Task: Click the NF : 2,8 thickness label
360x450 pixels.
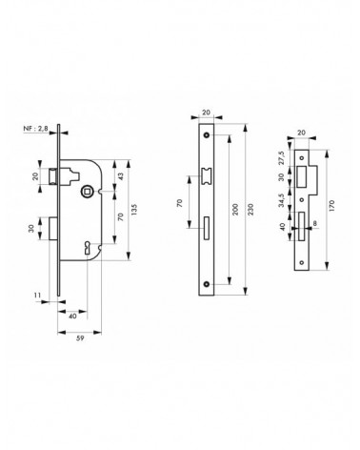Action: [x=35, y=129]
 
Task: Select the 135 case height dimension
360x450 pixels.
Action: [x=134, y=210]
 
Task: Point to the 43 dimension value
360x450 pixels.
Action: [x=121, y=176]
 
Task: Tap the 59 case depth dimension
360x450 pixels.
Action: [x=80, y=338]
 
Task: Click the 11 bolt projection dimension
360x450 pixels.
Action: [x=37, y=296]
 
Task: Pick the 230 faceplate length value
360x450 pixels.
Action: [x=250, y=210]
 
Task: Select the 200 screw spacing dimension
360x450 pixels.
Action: [x=235, y=210]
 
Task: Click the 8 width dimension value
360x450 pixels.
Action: [x=314, y=223]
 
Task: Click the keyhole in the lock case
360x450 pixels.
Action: [x=87, y=248]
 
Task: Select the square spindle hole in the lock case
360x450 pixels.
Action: [x=86, y=191]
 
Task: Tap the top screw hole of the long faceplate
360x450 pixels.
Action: [x=207, y=135]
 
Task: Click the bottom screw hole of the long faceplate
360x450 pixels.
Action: [x=207, y=284]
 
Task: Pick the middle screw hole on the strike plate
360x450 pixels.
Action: [x=302, y=200]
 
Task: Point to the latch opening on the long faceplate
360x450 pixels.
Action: [x=207, y=175]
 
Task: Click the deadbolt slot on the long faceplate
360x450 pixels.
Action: [x=207, y=228]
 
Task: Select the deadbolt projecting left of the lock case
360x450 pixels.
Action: [x=53, y=228]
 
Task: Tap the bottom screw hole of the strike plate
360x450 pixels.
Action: [x=302, y=262]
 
